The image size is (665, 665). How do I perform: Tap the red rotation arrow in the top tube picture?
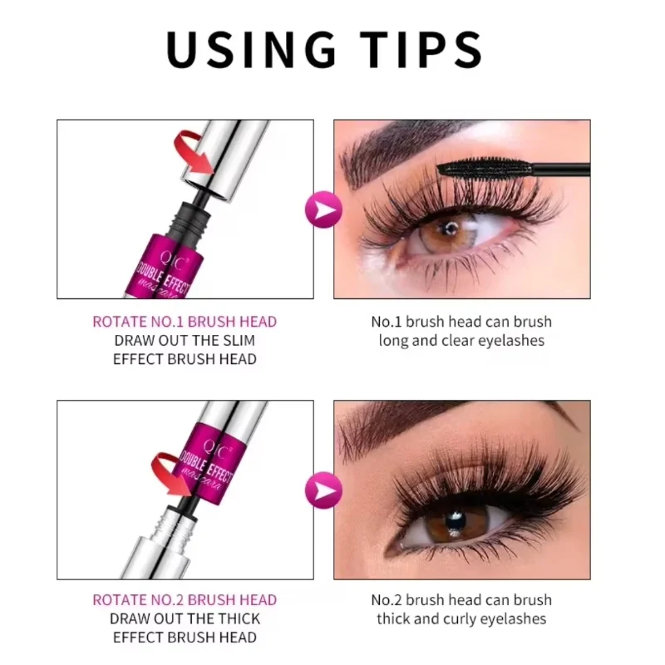click(193, 155)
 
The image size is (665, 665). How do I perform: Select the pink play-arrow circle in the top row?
click(323, 209)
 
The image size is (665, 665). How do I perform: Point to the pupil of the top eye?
click(450, 229)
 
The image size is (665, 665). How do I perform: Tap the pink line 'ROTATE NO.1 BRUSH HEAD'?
click(185, 322)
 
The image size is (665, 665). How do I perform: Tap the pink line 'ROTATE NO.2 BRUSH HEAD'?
click(185, 600)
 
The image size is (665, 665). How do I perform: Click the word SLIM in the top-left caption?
click(237, 341)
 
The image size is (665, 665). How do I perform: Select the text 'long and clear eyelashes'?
click(461, 341)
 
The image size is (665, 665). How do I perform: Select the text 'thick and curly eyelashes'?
click(461, 619)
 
